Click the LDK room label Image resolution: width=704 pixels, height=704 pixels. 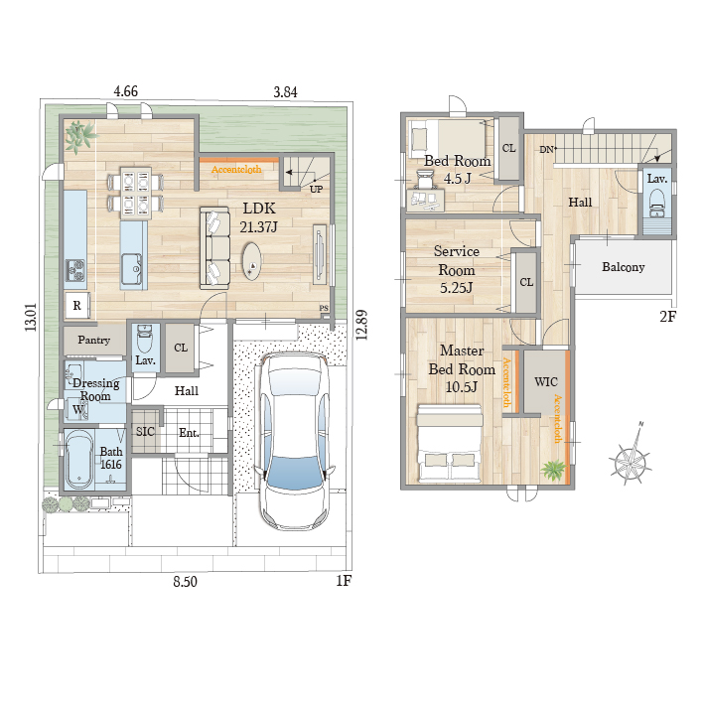click(x=259, y=209)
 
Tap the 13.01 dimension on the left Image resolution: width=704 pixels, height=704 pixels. click(x=31, y=318)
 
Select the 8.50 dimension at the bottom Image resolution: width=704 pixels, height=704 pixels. click(x=185, y=582)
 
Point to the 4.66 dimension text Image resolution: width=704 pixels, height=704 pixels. click(x=126, y=91)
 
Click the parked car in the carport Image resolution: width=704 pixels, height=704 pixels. click(x=295, y=441)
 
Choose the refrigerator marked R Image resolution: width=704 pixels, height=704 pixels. click(x=77, y=305)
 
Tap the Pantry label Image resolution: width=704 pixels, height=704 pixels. click(x=94, y=340)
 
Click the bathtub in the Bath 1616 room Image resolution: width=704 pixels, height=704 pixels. click(x=78, y=460)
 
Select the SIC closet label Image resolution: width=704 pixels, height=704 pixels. click(x=145, y=432)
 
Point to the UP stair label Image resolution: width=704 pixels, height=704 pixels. click(x=316, y=189)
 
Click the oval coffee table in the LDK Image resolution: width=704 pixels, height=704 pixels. click(x=252, y=261)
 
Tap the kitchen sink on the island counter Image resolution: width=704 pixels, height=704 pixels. click(x=132, y=268)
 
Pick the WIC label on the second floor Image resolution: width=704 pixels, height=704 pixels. click(x=546, y=382)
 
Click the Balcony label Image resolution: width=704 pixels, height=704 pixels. click(x=624, y=267)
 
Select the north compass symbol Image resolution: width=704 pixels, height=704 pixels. click(x=631, y=459)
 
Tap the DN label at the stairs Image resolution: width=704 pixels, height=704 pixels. click(x=546, y=150)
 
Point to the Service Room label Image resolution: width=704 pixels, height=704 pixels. click(x=457, y=269)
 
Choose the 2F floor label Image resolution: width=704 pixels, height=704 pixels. click(x=667, y=317)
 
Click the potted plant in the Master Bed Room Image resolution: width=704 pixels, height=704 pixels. click(x=554, y=470)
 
